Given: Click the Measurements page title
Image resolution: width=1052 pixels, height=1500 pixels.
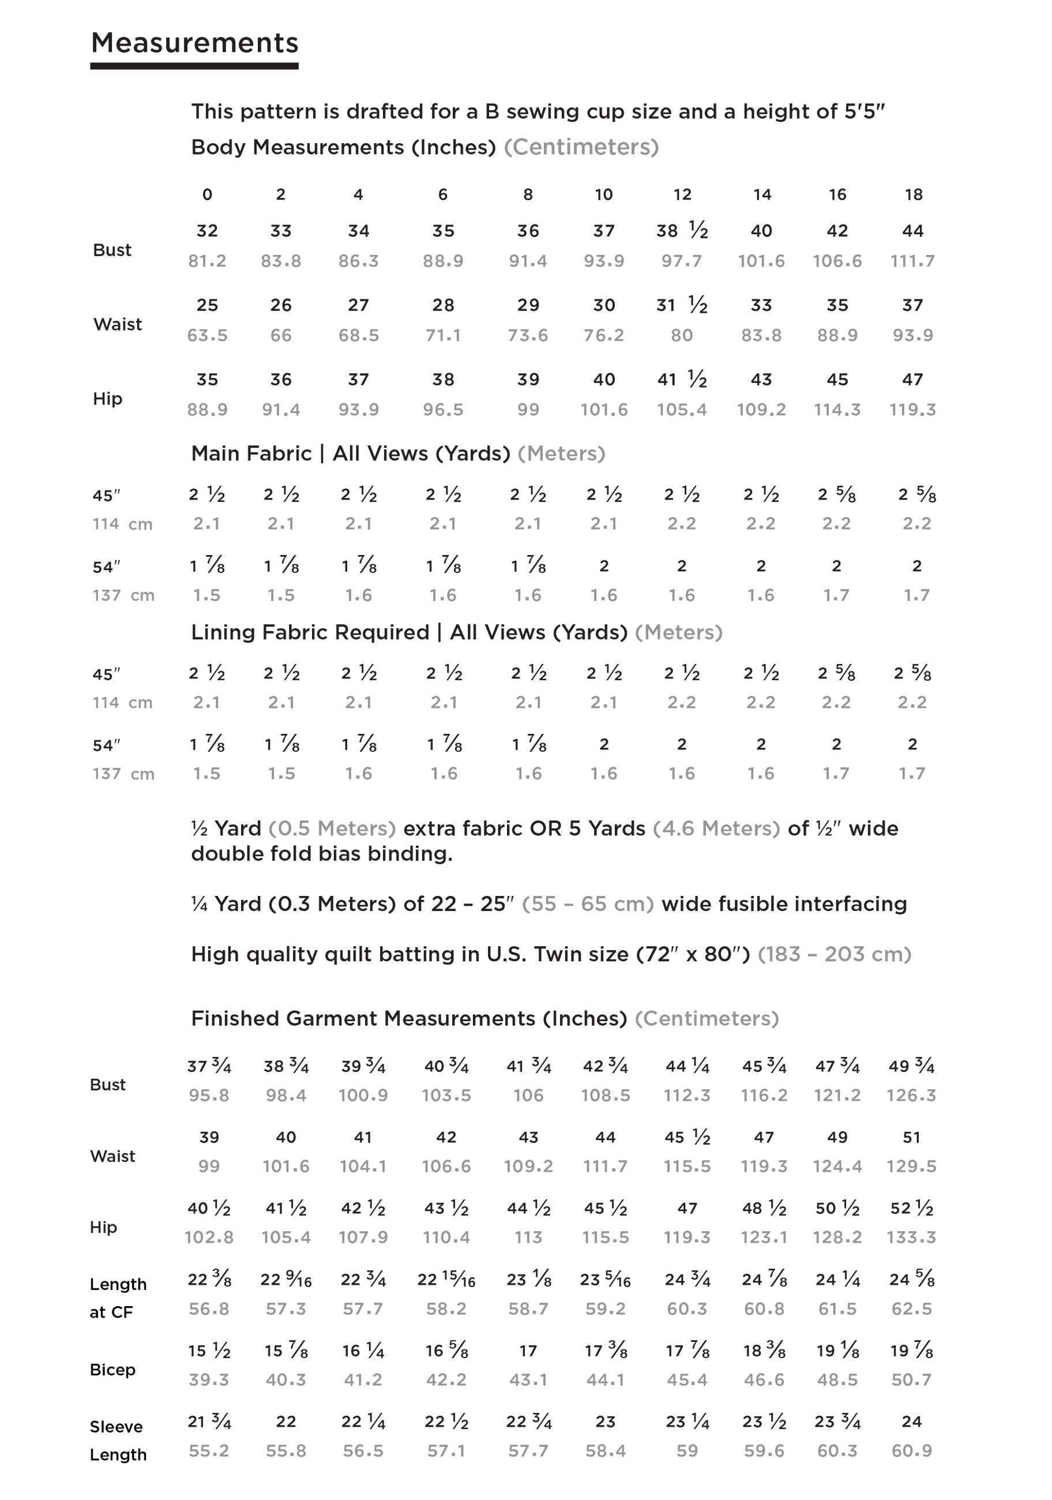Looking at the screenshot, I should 194,43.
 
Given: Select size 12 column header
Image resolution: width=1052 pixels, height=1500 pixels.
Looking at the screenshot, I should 682,194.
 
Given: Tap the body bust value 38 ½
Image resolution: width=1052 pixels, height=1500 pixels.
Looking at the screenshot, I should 682,231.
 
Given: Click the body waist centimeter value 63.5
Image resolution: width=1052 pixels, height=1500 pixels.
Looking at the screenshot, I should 207,336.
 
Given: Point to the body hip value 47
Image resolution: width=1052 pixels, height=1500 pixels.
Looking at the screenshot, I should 912,380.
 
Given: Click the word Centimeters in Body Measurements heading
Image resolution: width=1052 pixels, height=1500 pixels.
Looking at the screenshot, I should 581,148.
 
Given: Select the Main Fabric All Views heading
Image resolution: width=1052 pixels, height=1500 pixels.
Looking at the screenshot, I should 350,453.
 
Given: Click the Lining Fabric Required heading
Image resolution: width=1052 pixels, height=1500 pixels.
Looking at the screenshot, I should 409,632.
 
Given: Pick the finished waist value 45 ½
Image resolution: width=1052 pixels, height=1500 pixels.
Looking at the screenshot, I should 687,1138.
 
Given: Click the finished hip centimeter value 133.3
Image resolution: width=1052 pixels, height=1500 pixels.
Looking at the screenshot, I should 911,1237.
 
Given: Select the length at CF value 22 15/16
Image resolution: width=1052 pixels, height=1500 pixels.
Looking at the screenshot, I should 446,1279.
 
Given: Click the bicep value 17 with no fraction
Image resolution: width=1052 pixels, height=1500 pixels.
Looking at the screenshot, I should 528,1351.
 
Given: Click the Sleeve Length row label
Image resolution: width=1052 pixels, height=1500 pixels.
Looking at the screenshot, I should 118,1440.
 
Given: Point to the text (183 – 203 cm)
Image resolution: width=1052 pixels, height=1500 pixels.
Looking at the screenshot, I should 834,954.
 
